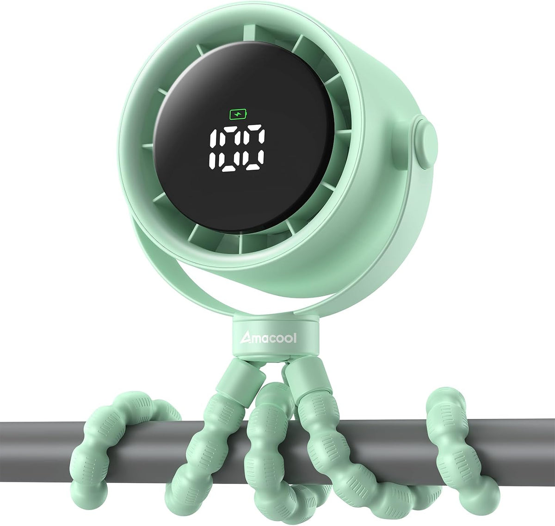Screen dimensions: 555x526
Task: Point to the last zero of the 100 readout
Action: pos(254,150)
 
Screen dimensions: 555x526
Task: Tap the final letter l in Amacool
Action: pos(295,337)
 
